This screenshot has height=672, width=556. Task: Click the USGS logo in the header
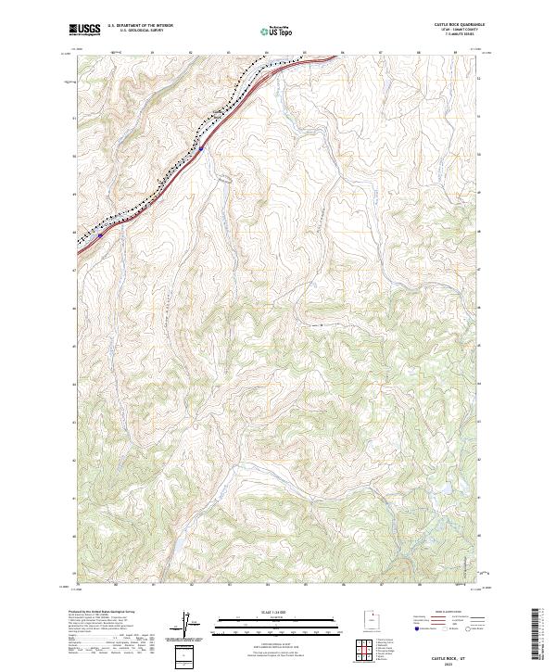84,30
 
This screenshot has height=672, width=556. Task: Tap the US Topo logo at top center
278,30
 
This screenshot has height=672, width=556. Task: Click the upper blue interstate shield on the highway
201,147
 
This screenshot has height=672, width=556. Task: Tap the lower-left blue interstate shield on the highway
100,235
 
